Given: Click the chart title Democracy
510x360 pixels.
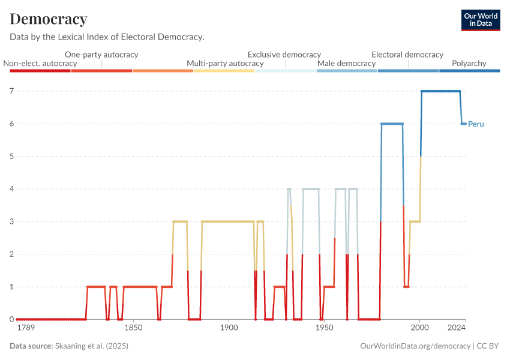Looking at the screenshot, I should coord(49,19).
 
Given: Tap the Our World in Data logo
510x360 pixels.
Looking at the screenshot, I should coord(481,19).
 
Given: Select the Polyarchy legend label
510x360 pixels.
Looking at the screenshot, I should coord(469,63).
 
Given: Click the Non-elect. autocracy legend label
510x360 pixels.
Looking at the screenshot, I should coord(40,63).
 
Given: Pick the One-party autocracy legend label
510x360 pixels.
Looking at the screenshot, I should coord(101,54).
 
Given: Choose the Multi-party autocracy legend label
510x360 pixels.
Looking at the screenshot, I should coord(225,63).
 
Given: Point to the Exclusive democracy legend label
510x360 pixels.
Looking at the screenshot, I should coord(284,54).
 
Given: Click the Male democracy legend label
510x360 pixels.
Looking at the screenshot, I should coord(346,63).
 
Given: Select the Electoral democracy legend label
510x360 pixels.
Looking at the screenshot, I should coord(407,54).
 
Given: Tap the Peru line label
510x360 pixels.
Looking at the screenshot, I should coord(476,124).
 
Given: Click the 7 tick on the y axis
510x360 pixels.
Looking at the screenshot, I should coord(11,91).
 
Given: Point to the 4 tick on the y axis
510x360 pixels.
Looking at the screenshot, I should coord(11,189).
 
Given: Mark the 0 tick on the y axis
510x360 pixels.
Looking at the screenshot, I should coord(11,319).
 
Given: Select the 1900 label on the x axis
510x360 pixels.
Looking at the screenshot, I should coord(228,328).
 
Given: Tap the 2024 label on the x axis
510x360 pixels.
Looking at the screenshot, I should coord(456,328).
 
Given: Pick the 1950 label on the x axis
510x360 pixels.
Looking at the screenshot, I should coord(324,328).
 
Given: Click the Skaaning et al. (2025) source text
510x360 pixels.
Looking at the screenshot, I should coord(92,346).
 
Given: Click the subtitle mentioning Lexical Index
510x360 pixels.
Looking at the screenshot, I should coord(107,37).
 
